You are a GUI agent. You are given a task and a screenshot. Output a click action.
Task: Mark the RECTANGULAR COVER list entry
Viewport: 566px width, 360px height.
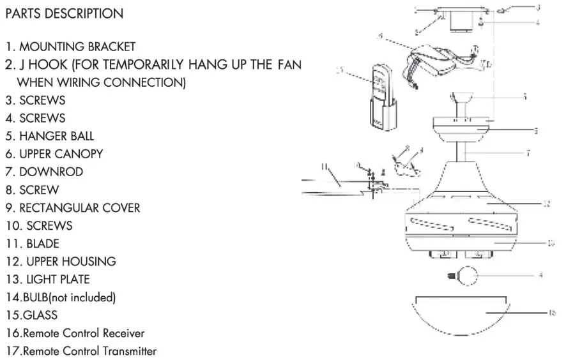[x=79, y=208]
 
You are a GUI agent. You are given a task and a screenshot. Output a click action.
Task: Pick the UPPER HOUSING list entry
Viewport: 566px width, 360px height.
[x=71, y=262]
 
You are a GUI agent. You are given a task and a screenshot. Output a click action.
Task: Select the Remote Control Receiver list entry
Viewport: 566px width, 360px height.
[x=83, y=333]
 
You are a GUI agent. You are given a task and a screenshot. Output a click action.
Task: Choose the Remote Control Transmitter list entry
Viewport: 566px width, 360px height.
[x=89, y=351]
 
